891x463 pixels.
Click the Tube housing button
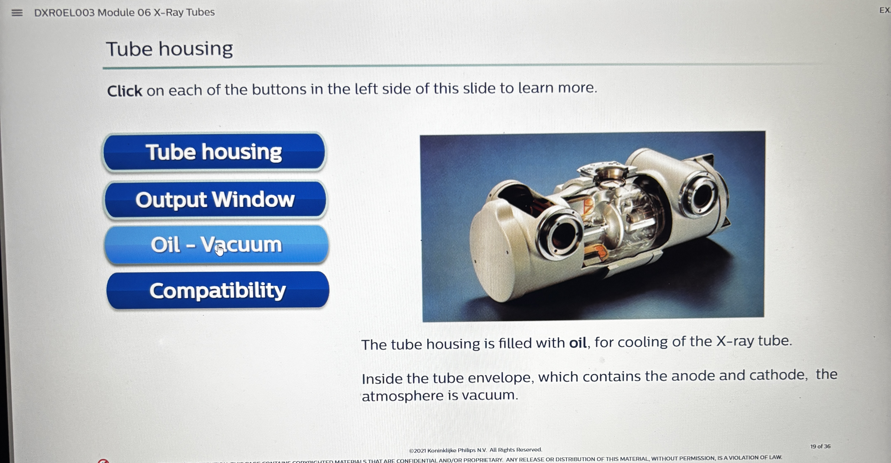pyautogui.click(x=214, y=152)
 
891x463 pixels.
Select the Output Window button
pyautogui.click(x=215, y=200)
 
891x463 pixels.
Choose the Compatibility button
pyautogui.click(x=218, y=290)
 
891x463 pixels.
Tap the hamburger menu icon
pyautogui.click(x=17, y=13)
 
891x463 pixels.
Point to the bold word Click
pyautogui.click(x=124, y=91)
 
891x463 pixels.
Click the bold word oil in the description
pyautogui.click(x=578, y=343)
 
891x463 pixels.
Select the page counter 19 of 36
pyautogui.click(x=820, y=446)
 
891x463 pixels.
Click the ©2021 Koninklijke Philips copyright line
pyautogui.click(x=475, y=450)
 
